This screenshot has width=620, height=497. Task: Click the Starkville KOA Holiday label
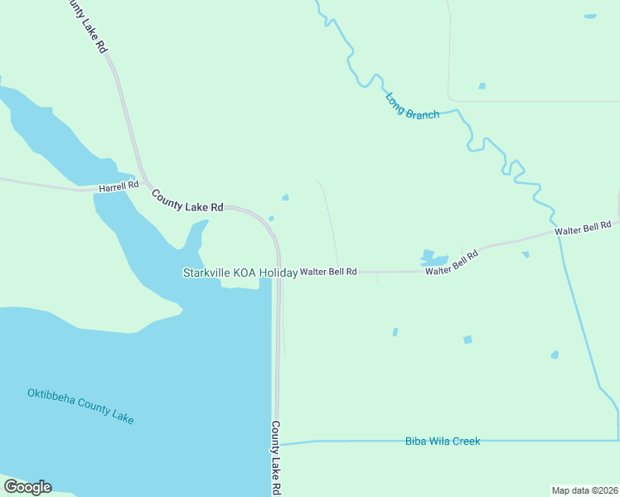[x=240, y=273]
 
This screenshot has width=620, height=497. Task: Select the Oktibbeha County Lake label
[x=80, y=406]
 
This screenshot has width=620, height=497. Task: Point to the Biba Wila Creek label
[x=443, y=442]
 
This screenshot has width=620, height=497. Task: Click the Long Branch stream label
[x=412, y=105]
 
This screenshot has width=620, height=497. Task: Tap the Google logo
[x=27, y=487]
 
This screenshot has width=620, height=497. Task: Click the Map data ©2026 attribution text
[x=584, y=490]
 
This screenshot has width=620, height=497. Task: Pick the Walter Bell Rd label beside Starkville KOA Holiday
[x=328, y=272]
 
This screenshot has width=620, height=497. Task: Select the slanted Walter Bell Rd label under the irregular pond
[x=452, y=263]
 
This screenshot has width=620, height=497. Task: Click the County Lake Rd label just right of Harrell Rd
[x=187, y=201]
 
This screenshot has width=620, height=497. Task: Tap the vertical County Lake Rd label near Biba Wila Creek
[x=276, y=457]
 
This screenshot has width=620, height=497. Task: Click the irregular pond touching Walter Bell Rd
[x=431, y=258]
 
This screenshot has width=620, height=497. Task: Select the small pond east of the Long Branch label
[x=482, y=86]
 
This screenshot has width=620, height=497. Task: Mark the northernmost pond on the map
[x=589, y=16]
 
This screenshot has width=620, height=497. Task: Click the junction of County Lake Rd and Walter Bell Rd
[x=279, y=272]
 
